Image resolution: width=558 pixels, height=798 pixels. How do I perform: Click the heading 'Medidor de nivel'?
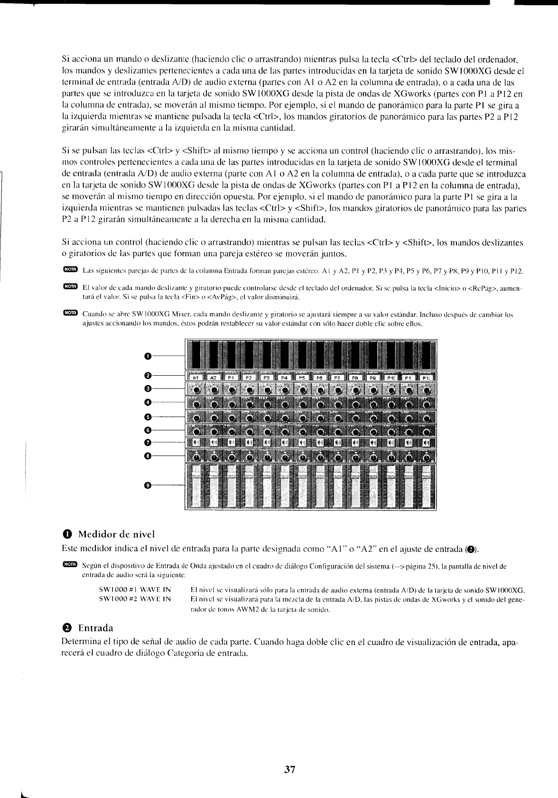point(117,533)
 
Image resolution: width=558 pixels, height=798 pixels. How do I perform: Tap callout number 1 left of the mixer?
point(147,355)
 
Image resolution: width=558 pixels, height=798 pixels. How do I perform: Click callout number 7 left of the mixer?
point(147,443)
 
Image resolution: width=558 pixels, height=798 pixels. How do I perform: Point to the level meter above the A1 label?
point(195,356)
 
